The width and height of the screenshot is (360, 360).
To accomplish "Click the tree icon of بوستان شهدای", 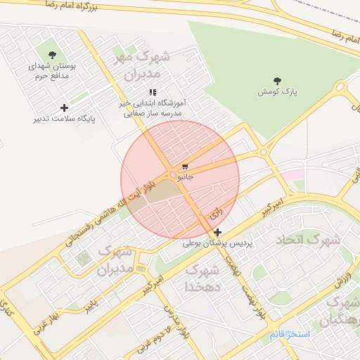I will pos(52,54).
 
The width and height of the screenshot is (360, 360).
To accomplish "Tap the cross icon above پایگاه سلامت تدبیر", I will pos(65,108).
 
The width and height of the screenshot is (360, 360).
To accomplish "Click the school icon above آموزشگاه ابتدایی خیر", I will pos(153,92).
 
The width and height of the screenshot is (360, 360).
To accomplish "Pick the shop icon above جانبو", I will pos(185,167).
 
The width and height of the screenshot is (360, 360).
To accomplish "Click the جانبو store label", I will pos(185,177).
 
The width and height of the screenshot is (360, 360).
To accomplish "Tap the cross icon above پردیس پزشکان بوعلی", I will pos(218,232).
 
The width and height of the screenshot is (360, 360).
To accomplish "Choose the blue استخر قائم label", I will pos(289,333).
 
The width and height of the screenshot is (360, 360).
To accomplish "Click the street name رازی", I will pos(215,211).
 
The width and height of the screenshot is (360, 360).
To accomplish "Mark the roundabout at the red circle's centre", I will pos(173,174).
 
